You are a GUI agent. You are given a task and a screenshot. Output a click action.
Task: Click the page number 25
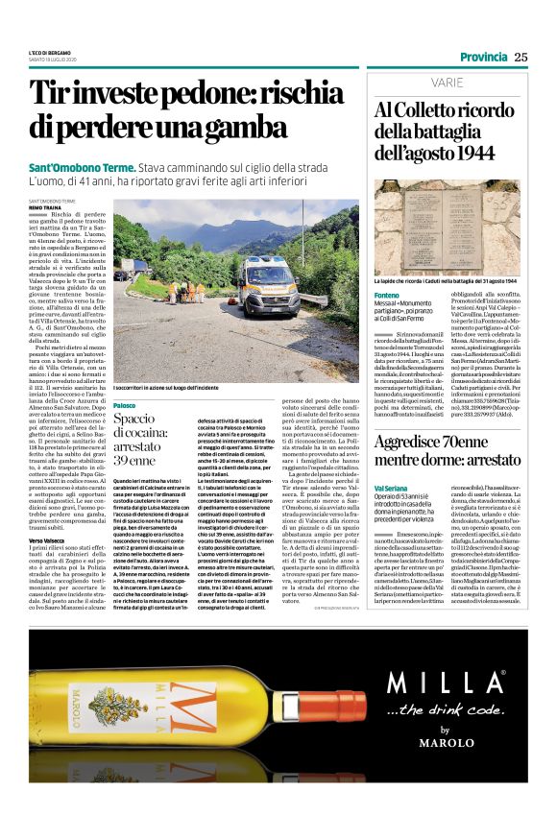521,57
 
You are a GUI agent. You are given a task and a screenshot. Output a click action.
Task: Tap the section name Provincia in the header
483,57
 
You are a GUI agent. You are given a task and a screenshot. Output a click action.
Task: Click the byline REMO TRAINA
45,206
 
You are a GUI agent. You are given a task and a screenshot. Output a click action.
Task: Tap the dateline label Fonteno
388,295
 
